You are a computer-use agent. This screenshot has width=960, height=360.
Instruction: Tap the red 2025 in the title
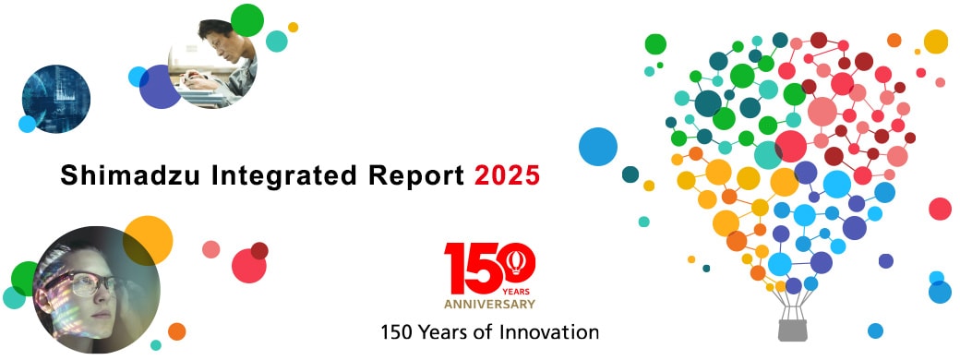pos(508,176)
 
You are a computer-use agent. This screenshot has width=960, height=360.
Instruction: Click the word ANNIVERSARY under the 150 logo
pos(489,305)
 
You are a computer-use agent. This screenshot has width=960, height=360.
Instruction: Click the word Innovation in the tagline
pos(550,332)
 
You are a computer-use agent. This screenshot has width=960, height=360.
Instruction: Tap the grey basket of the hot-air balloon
pos(792,330)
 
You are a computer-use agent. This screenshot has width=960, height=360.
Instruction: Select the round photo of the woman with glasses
pos(96,290)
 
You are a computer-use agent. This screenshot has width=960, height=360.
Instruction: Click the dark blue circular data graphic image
pos(56,99)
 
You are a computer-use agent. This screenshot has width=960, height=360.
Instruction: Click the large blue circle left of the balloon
pos(598,147)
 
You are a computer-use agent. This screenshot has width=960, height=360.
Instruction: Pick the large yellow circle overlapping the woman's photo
pos(148,241)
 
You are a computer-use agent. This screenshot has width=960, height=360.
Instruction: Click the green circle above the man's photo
pos(247,20)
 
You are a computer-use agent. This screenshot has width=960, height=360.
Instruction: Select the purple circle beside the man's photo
pos(160,87)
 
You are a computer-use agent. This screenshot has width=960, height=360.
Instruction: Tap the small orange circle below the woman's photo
pos(176,331)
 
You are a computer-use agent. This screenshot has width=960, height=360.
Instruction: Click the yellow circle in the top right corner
pos(935,42)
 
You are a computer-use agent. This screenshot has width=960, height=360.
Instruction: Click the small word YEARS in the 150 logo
pos(516,292)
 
